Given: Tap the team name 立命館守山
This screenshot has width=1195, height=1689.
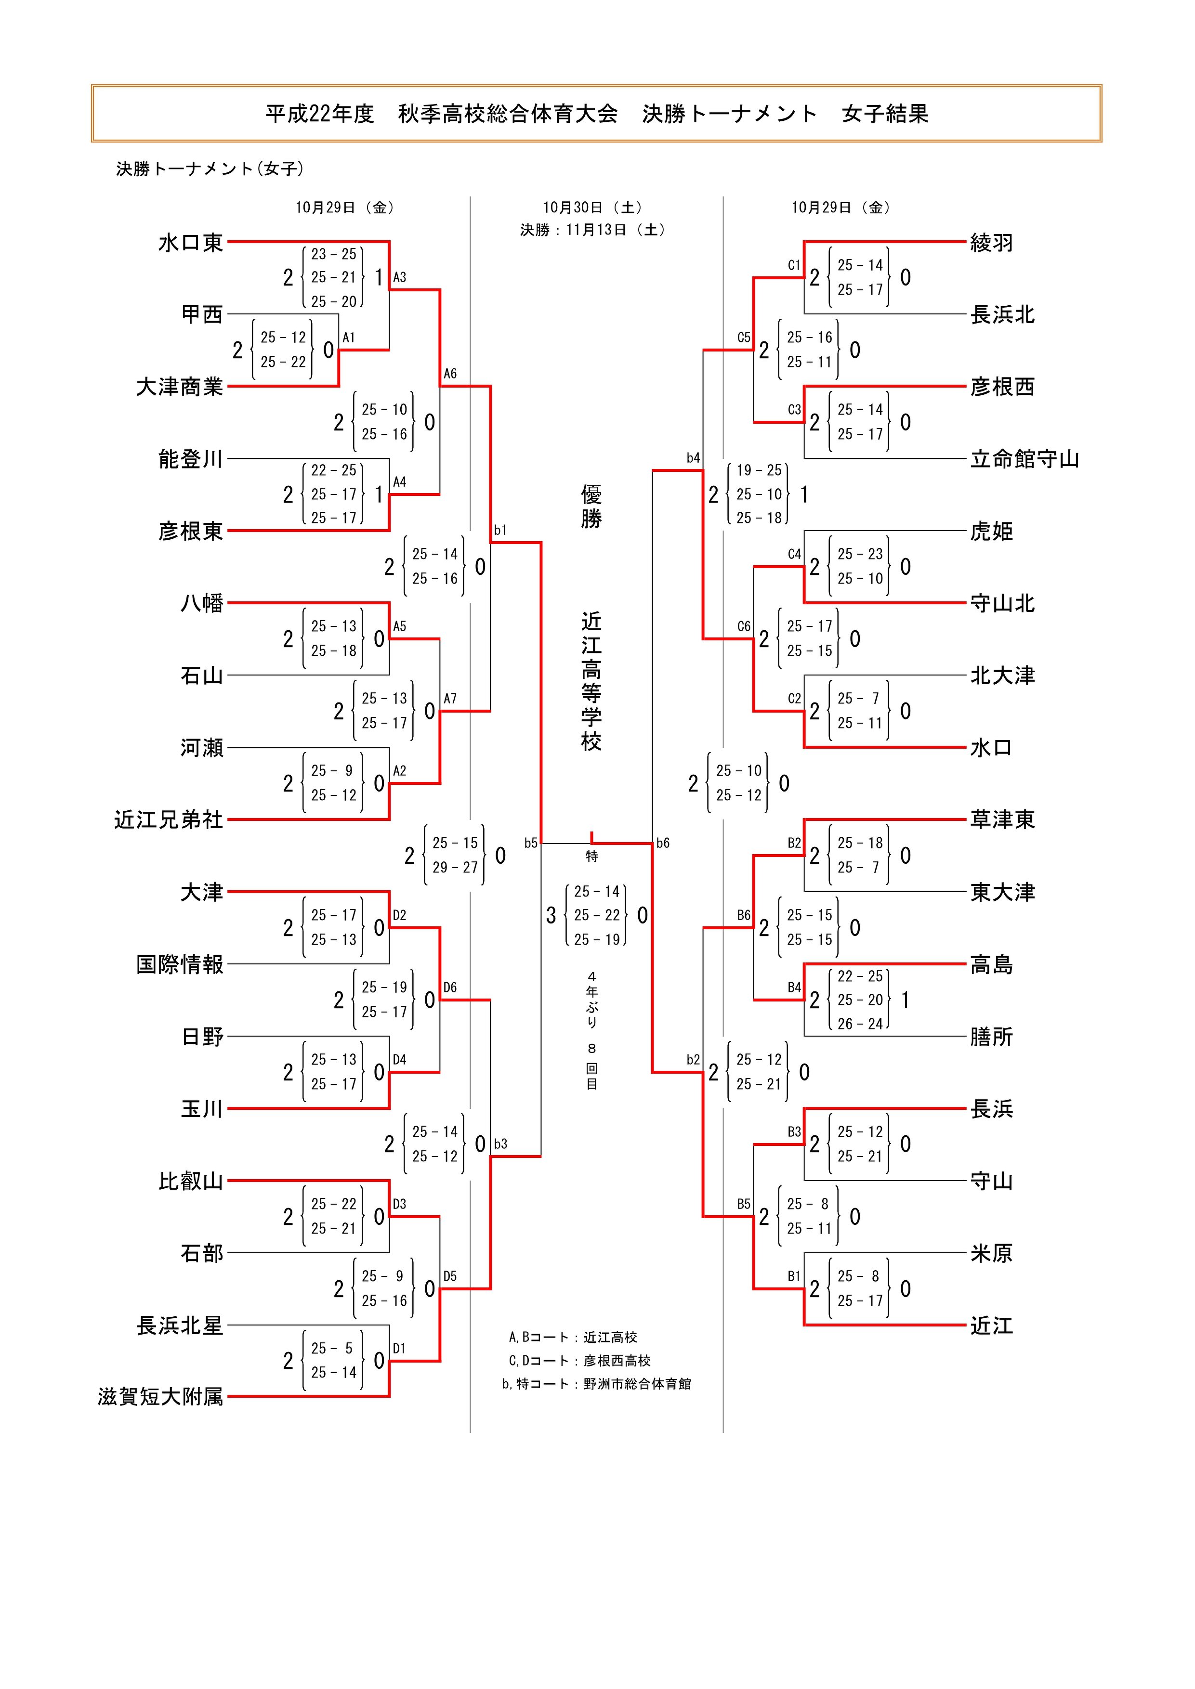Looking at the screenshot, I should coord(1024,460).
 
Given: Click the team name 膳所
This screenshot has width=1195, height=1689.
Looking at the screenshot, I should coord(991,1037).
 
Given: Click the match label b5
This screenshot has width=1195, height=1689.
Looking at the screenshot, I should coord(530,843).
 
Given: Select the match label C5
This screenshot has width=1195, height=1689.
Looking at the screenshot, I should coord(744,338).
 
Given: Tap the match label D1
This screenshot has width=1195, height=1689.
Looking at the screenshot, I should coord(399,1349).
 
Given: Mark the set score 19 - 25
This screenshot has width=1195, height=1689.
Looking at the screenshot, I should coord(759,470).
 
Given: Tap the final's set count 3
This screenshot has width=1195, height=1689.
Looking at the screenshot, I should coord(551,915).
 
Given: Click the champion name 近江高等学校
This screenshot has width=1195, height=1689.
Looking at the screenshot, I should coord(591,681).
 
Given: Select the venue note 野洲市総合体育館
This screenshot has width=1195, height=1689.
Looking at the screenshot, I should coord(637,1384).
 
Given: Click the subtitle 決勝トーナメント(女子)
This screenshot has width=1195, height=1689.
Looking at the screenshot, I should coord(210,169).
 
